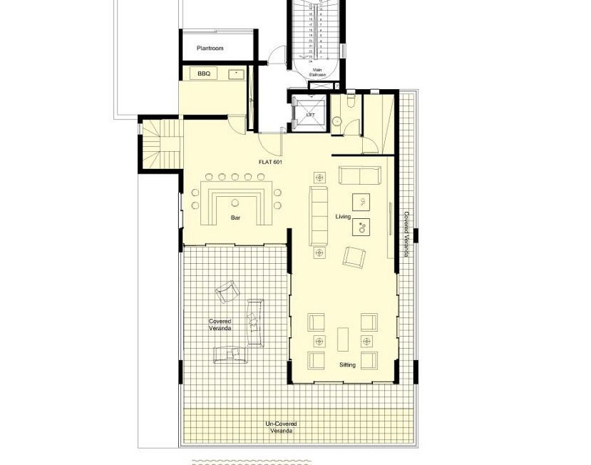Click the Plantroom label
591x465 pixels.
(x=210, y=48)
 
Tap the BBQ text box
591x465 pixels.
(x=204, y=74)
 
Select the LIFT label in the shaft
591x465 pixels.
(x=310, y=115)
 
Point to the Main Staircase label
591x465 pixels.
(x=317, y=72)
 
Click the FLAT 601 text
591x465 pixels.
(x=270, y=162)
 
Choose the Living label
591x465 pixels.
(x=343, y=217)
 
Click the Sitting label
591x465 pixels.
(x=347, y=365)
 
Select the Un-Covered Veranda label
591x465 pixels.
(x=281, y=427)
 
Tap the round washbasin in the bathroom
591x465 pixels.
(x=338, y=120)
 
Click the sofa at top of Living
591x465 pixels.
(x=360, y=175)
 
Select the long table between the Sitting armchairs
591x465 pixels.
(x=343, y=340)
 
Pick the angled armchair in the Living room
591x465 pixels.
(x=353, y=256)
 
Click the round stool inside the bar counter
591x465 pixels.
(x=235, y=203)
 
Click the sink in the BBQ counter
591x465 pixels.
(x=236, y=74)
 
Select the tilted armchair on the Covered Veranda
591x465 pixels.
(x=228, y=292)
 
